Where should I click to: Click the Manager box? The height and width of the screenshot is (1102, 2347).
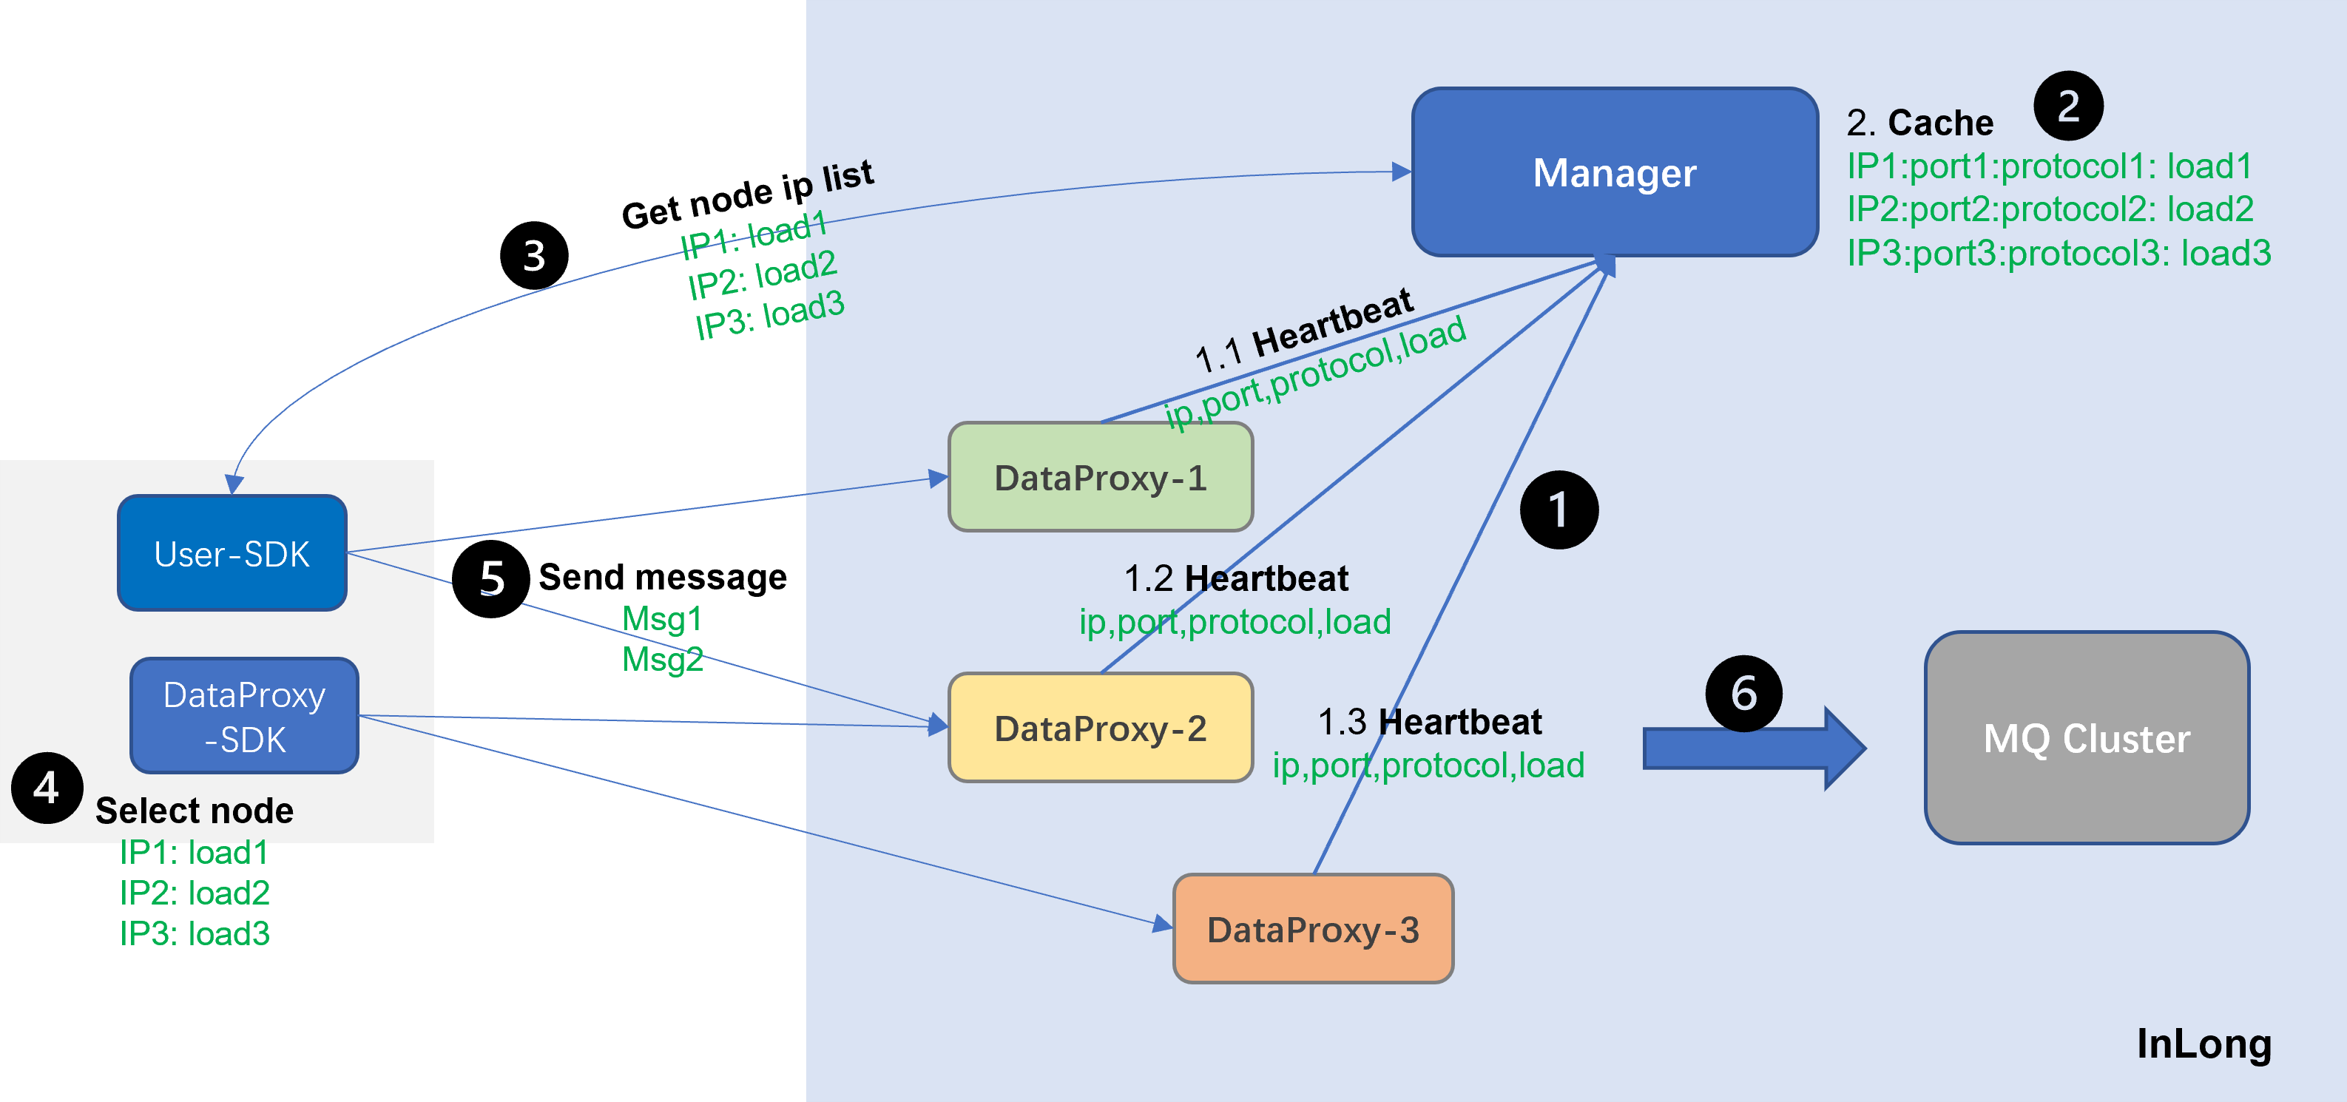pyautogui.click(x=1615, y=172)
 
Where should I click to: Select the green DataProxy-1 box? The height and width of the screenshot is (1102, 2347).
pyautogui.click(x=1101, y=477)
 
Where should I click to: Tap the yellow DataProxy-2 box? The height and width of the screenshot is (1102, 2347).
pyautogui.click(x=1101, y=728)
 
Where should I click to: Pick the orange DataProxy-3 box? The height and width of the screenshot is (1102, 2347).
pyautogui.click(x=1313, y=929)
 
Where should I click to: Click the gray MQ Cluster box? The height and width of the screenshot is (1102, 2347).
pyautogui.click(x=2087, y=737)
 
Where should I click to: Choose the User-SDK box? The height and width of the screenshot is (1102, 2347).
pyautogui.click(x=232, y=552)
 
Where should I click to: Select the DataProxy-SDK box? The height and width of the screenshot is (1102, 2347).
pyautogui.click(x=244, y=716)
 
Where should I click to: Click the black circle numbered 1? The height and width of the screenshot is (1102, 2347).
pyautogui.click(x=1559, y=510)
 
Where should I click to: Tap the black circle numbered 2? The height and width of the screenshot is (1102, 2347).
pyautogui.click(x=2068, y=106)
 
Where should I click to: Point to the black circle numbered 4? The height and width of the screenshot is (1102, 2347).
pyautogui.click(x=47, y=788)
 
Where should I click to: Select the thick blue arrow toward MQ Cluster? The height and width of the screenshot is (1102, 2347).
pyautogui.click(x=1754, y=748)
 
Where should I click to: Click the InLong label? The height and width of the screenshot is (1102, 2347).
pyautogui.click(x=2204, y=1043)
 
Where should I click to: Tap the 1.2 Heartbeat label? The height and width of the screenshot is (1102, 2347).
pyautogui.click(x=1235, y=578)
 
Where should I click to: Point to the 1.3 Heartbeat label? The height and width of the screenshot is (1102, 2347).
pyautogui.click(x=1430, y=721)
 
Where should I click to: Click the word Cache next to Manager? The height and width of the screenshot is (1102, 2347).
pyautogui.click(x=1941, y=123)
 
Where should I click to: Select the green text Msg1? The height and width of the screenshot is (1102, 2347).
pyautogui.click(x=662, y=619)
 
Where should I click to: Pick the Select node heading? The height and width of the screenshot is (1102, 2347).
pyautogui.click(x=194, y=810)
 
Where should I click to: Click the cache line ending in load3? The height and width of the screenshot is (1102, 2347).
pyautogui.click(x=2059, y=252)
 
